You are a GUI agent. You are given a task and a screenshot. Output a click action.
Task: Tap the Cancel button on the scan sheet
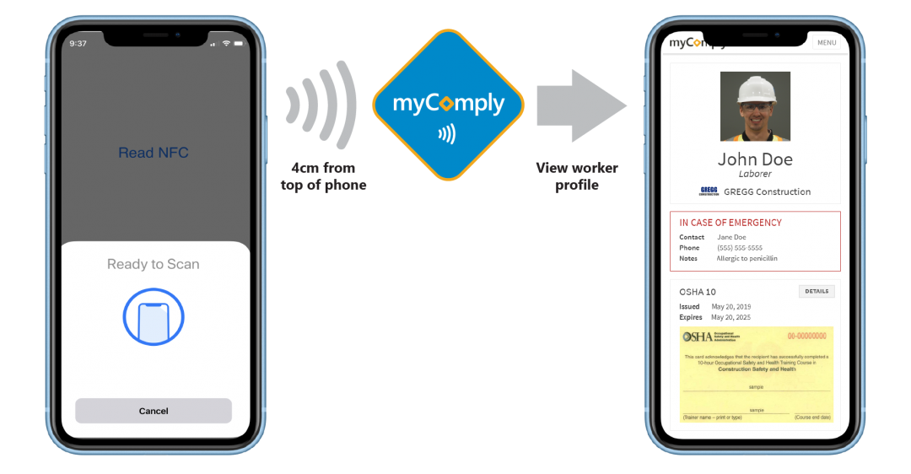click(154, 411)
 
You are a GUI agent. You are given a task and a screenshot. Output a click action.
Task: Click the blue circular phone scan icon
click(154, 317)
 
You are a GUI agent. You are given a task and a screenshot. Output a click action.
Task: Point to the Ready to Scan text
click(154, 264)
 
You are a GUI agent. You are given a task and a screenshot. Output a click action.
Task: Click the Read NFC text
click(154, 153)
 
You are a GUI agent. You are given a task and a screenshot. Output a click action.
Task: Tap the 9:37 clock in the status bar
click(78, 43)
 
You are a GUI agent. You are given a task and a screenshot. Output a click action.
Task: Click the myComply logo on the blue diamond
click(448, 105)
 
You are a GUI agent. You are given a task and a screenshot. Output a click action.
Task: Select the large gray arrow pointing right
click(581, 106)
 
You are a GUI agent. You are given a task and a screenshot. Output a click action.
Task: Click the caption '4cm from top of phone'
click(324, 176)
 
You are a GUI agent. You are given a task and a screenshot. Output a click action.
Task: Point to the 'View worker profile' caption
click(577, 176)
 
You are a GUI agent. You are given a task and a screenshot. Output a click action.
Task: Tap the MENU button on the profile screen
click(827, 43)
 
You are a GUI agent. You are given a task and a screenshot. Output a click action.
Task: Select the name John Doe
click(755, 159)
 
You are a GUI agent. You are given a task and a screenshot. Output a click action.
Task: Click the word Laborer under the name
click(755, 174)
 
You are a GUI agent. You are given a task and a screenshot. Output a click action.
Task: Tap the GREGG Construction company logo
click(709, 191)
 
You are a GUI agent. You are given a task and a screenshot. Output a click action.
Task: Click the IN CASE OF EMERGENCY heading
click(730, 223)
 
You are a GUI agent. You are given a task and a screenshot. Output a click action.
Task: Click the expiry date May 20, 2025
click(730, 317)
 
